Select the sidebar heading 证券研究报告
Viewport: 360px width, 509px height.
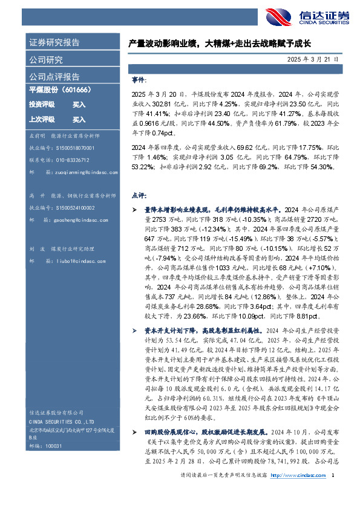[x=54, y=43]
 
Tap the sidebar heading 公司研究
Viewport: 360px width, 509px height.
[x=46, y=60]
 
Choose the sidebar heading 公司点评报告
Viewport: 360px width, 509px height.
[x=54, y=77]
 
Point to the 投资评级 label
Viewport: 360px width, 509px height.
[x=42, y=105]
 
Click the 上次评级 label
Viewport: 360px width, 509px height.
[x=42, y=119]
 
